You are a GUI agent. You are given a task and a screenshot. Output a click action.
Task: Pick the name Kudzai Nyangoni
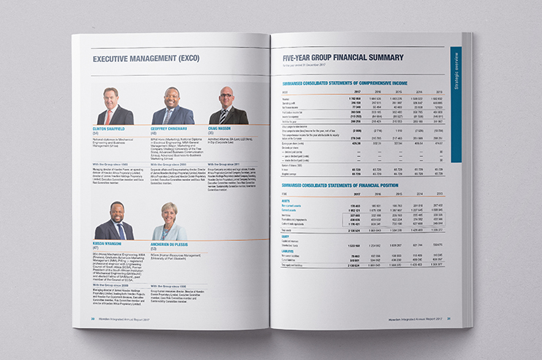[112, 243]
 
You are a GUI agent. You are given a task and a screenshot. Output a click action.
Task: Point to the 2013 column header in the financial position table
[437, 195]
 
